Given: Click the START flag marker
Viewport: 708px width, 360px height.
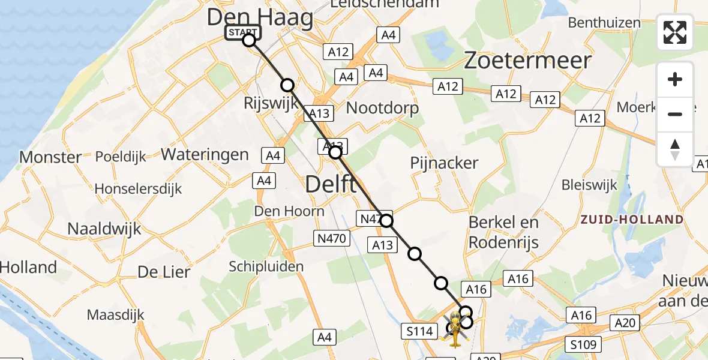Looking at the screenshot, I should [x=243, y=32].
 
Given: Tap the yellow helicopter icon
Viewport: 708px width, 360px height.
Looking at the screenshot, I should [x=454, y=329].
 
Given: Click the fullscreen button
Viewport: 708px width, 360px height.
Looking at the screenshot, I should [x=675, y=32].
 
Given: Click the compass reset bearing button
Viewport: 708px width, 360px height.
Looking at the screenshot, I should [x=675, y=149].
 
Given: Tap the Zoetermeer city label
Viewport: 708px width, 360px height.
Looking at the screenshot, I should [x=527, y=61].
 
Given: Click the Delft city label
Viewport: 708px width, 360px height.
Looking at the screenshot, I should [x=331, y=184].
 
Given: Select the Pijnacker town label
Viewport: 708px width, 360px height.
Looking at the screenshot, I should [x=444, y=163].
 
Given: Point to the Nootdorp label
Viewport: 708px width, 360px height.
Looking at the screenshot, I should [x=383, y=109].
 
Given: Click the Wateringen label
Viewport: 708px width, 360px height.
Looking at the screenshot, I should [x=205, y=154].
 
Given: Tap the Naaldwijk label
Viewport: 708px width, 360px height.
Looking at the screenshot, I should [x=104, y=229].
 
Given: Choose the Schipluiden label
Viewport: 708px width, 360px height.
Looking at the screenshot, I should [x=266, y=266].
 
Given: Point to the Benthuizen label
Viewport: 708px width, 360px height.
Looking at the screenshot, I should [x=605, y=23].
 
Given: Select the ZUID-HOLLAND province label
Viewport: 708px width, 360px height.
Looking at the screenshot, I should [x=632, y=220].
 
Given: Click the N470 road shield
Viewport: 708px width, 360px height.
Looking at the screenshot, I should [x=332, y=239].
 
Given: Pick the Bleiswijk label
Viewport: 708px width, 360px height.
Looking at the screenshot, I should [x=589, y=185].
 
